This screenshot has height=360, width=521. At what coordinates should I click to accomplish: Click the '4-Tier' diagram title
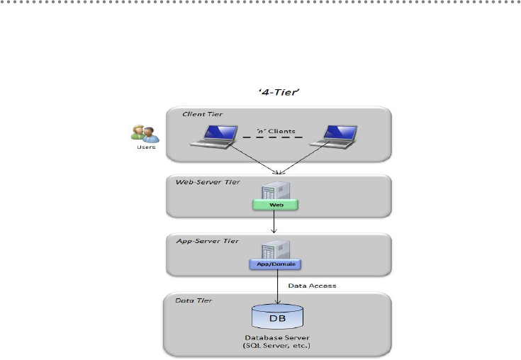tap(279, 92)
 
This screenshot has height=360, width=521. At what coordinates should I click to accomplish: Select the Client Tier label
tap(202, 114)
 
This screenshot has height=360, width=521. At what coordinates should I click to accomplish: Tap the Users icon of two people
tap(145, 134)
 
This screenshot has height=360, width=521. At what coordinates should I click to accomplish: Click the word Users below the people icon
tap(146, 147)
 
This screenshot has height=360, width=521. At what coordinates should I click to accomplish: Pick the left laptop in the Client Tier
tap(214, 137)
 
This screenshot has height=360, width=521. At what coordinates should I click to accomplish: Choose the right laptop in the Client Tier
tap(334, 137)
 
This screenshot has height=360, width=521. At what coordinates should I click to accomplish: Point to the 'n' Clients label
tap(276, 131)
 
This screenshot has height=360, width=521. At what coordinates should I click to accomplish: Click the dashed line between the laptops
tap(273, 137)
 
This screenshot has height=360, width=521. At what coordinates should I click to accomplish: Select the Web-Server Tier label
tap(208, 182)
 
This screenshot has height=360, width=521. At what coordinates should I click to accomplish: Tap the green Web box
tap(276, 205)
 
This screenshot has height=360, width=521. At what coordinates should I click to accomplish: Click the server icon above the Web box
tap(276, 191)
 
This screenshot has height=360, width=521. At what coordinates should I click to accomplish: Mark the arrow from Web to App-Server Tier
tap(274, 222)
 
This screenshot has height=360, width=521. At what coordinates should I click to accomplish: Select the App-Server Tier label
tap(207, 241)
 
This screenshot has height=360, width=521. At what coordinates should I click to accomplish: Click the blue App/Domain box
tap(276, 264)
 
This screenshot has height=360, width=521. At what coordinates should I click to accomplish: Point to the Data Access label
tap(312, 286)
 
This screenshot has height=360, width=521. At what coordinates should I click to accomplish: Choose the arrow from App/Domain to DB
tap(277, 286)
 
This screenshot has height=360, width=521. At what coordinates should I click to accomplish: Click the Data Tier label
tap(194, 300)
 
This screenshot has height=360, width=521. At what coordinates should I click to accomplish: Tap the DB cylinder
tap(277, 317)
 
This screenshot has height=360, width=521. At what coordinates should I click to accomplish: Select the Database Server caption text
tap(277, 342)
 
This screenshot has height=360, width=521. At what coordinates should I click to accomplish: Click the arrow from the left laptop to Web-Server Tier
tap(254, 159)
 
